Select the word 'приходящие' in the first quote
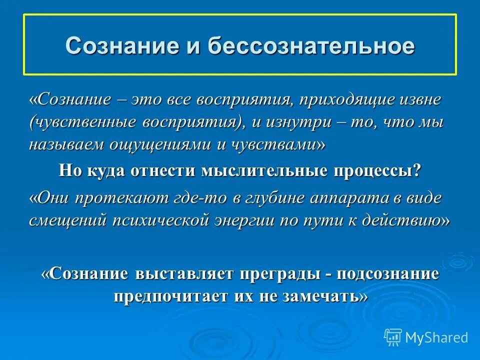pyautogui.click(x=341, y=99)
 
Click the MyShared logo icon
pyautogui.click(x=392, y=337)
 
